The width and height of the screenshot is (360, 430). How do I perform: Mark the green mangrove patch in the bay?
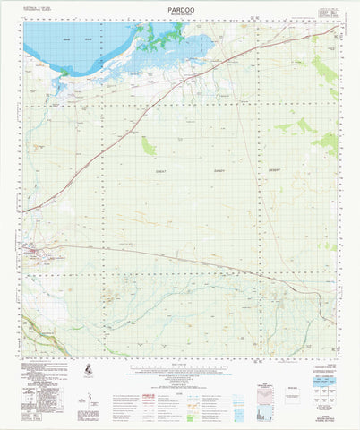tap(161, 38)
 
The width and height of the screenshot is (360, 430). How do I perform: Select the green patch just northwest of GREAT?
tap(149, 145)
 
